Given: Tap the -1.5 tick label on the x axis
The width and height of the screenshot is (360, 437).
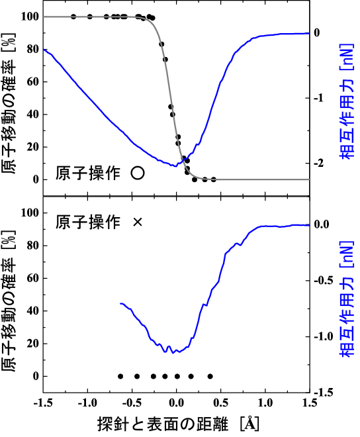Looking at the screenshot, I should [x=43, y=404].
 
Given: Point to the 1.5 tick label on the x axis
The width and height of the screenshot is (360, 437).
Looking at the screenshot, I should [x=310, y=404].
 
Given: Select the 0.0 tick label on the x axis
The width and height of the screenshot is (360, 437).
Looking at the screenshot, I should [x=176, y=404].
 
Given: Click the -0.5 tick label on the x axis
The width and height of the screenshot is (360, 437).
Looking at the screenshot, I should [x=132, y=404].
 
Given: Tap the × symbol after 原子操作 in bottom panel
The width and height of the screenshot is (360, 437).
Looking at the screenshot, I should [x=138, y=222].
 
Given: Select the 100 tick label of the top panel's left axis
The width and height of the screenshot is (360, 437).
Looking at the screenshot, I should [x=29, y=17].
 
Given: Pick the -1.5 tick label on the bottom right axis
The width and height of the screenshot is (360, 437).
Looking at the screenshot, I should [x=322, y=393].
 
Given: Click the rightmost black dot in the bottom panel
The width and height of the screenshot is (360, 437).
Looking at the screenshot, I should [x=210, y=376].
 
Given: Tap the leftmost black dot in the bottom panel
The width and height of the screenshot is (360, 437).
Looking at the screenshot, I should [x=120, y=376].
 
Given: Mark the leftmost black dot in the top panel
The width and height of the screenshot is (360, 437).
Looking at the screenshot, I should [x=73, y=17].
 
